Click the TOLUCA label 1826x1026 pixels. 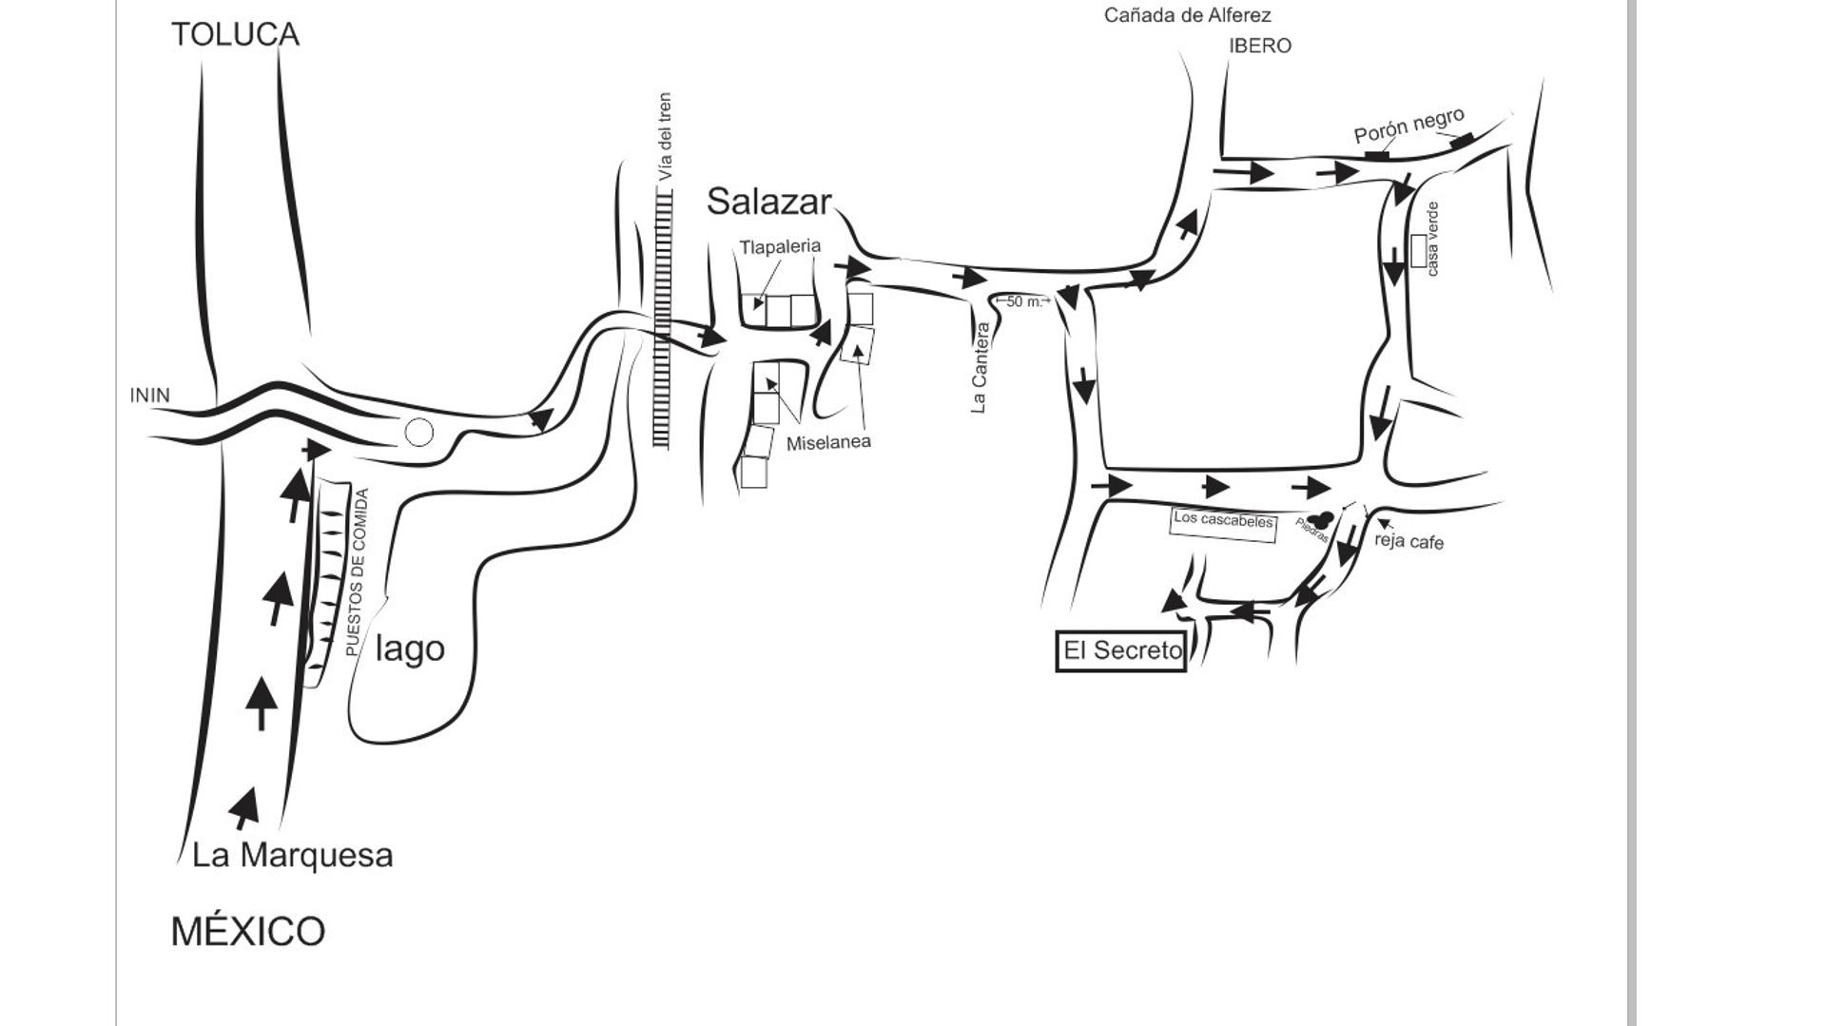click(235, 34)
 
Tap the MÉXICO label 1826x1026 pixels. click(248, 931)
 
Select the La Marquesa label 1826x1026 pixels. click(292, 855)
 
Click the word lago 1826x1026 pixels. click(410, 649)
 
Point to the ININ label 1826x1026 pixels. click(150, 395)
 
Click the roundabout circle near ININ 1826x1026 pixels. click(419, 419)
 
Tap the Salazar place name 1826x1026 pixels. click(768, 202)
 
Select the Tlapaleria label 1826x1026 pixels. click(780, 246)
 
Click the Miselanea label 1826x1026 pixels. click(828, 442)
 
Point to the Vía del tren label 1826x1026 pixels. click(665, 136)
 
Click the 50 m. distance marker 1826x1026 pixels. click(1023, 301)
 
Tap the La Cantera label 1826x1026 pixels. click(981, 368)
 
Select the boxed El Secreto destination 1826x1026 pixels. click(1121, 650)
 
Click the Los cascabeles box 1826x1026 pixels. click(1223, 524)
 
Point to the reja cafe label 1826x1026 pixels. click(1409, 541)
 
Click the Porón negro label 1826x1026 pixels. click(1408, 126)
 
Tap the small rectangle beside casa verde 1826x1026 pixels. click(1419, 250)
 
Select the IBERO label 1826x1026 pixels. click(1260, 46)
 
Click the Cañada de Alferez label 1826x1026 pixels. click(1187, 15)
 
